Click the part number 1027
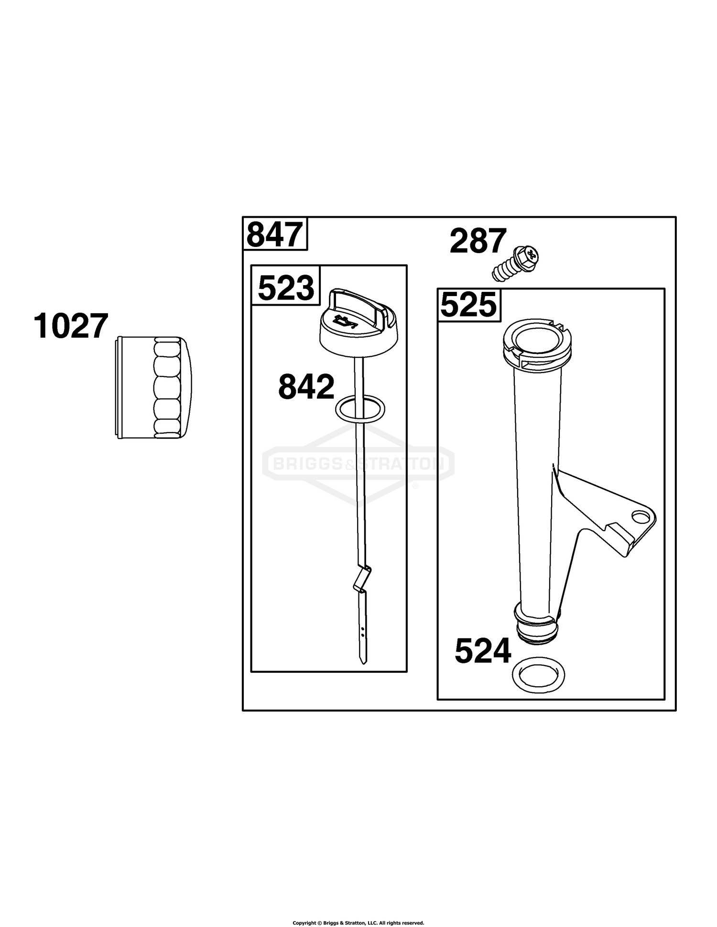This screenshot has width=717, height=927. (71, 327)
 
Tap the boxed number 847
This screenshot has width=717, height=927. (275, 234)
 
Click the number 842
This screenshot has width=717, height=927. (306, 387)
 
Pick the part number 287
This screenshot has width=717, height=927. (478, 241)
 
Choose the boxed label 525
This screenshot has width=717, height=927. (468, 305)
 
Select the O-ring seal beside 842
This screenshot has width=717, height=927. (360, 409)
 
